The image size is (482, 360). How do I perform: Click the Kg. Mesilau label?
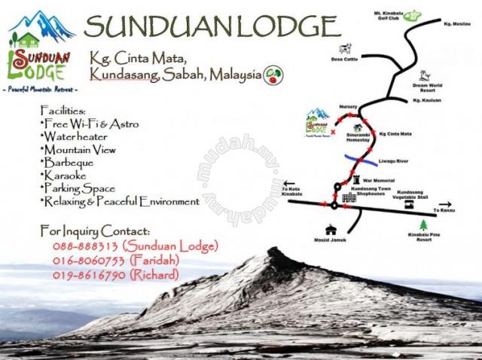point(457,25)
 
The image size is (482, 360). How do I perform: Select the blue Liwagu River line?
point(361,158)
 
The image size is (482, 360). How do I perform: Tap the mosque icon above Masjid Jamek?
point(329,230)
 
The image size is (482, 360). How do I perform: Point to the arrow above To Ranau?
point(444,203)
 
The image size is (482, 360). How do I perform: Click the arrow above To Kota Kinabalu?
point(288,184)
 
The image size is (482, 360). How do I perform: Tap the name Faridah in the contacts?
point(154,261)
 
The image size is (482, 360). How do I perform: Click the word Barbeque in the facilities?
point(69,162)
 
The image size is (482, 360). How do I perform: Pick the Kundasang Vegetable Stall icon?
point(407,204)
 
